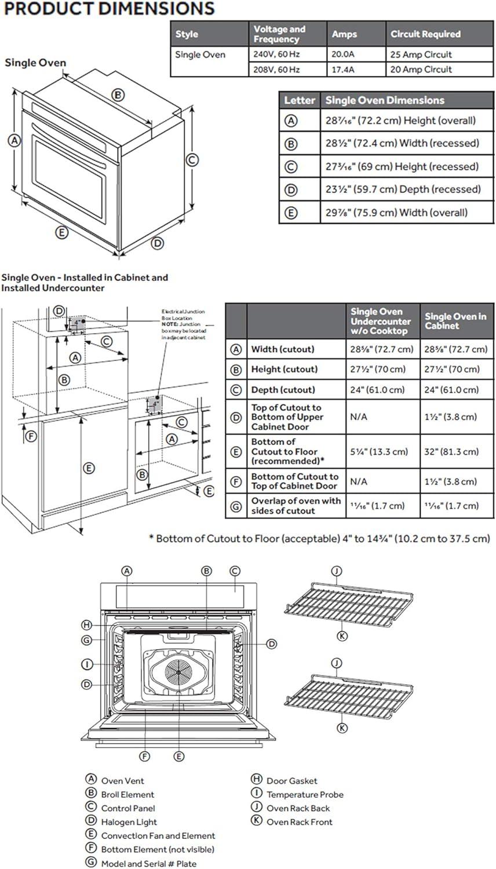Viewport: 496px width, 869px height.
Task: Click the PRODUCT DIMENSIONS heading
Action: pos(109,9)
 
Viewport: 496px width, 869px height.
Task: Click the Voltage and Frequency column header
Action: pos(279,34)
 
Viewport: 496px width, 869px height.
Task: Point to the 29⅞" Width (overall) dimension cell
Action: pos(396,213)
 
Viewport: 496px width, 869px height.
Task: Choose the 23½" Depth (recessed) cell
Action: pos(403,189)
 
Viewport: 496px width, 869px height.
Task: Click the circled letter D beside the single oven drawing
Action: pos(158,243)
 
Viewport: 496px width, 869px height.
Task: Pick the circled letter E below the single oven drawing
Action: pos(61,233)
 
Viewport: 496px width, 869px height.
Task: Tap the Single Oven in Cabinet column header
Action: pos(455,321)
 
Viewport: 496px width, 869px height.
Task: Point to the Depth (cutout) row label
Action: pos(283,390)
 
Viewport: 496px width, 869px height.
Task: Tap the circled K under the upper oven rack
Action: pos(342,636)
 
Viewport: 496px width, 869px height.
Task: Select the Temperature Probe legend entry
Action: pos(305,795)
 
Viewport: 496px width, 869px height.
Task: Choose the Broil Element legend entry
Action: pos(127,795)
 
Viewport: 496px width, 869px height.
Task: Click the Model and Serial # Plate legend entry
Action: pos(148,863)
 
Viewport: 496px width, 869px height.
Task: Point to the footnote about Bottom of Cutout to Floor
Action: pos(319,539)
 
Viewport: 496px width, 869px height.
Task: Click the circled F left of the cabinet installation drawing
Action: pos(32,436)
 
